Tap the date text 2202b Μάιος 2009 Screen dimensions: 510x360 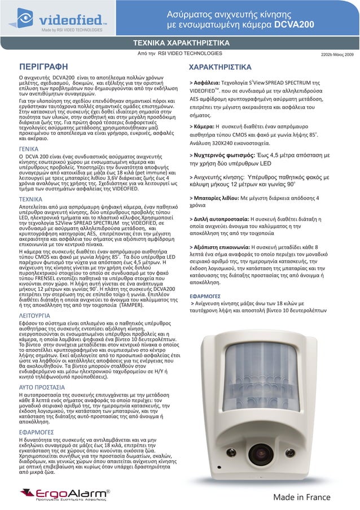[x=337, y=54]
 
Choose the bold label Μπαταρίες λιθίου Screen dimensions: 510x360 [x=217, y=214]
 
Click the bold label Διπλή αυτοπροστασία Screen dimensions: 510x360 [x=221, y=234]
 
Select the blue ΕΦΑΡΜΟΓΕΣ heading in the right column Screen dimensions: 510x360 [x=208, y=295]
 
